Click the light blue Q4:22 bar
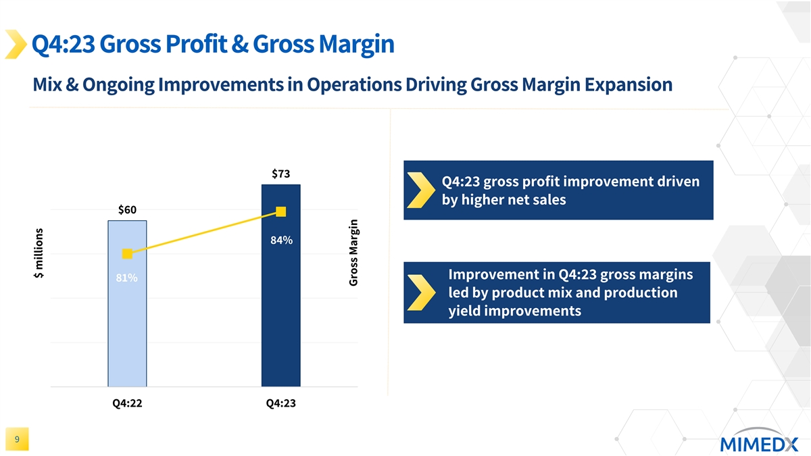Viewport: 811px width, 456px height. [127, 324]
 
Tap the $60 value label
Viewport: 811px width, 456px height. [127, 209]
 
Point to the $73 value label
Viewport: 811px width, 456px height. [281, 174]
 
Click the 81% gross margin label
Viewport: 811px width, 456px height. [126, 278]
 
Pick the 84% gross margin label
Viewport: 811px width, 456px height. [281, 240]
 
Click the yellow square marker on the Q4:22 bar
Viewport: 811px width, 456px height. [127, 253]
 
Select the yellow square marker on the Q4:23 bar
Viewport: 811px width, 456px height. [281, 212]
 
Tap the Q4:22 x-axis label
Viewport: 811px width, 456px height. [127, 403]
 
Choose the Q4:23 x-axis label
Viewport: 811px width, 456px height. [281, 403]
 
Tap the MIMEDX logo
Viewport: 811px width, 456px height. [758, 442]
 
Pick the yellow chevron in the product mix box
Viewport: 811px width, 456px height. [422, 293]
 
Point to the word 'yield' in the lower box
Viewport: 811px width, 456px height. [465, 311]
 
